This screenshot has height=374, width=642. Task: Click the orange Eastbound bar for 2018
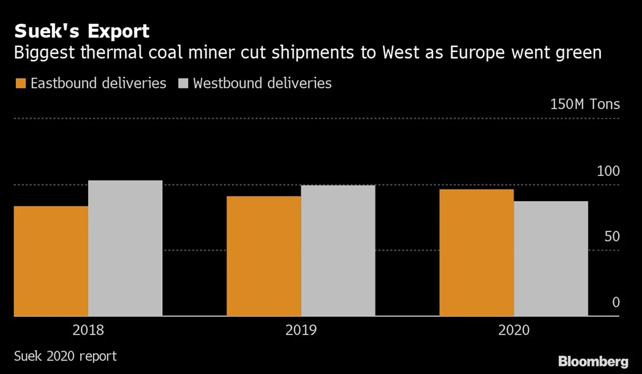coord(51,261)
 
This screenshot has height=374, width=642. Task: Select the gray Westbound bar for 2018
coord(125,248)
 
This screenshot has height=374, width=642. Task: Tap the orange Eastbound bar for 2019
coord(264,256)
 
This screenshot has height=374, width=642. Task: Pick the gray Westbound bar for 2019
coord(338,251)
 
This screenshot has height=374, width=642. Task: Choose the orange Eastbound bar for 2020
coord(476,252)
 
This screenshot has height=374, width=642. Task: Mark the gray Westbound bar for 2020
coord(551,258)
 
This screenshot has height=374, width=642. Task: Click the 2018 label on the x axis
coord(88,331)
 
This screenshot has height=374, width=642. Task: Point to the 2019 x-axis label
coord(301,331)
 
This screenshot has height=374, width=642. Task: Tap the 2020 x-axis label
coord(514,331)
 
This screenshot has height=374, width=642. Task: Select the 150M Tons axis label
coord(585,104)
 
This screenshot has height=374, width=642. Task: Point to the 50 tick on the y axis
coord(611,237)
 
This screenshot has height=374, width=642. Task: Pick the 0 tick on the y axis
coord(616,302)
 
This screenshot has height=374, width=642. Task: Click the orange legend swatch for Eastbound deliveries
coord(20,83)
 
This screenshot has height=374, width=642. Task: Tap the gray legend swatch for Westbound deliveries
coord(183,83)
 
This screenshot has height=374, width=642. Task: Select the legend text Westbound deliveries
coord(262,83)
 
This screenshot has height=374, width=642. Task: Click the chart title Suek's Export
coord(82,31)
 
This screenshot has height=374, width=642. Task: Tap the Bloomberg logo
coord(593,361)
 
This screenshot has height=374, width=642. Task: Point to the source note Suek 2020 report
coord(65,355)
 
